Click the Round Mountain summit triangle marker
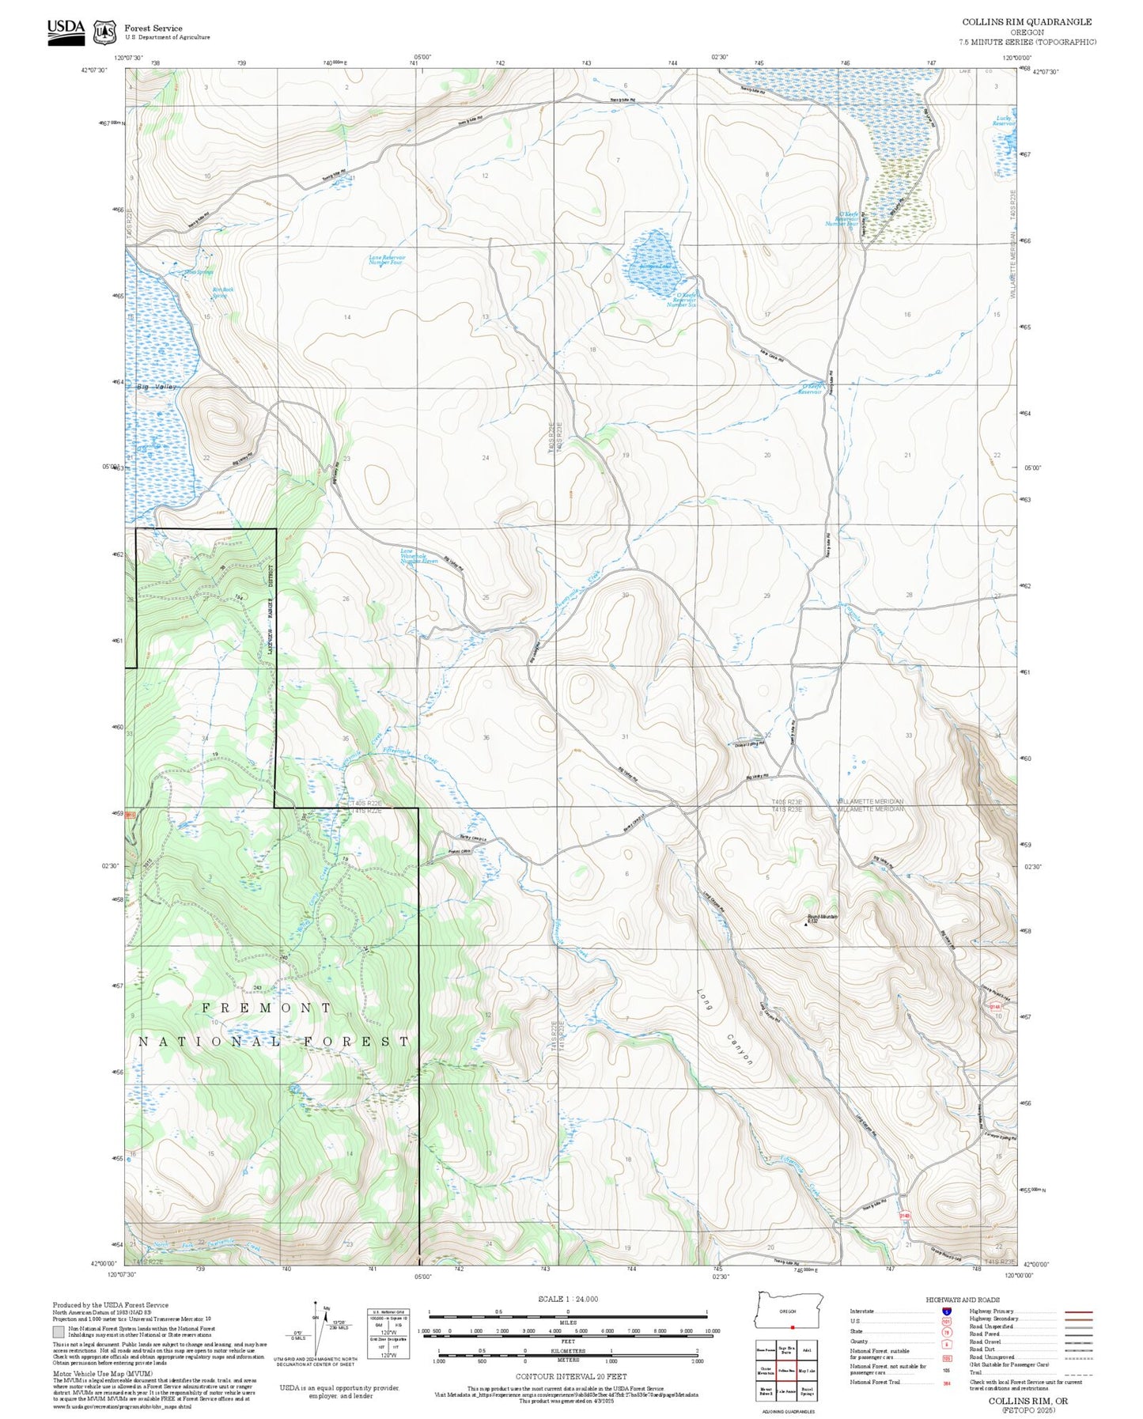click(x=806, y=923)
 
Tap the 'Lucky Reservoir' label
click(x=1003, y=121)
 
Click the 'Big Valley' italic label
click(x=157, y=387)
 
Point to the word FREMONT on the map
click(x=267, y=1008)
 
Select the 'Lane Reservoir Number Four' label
click(x=387, y=259)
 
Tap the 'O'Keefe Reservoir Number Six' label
click(x=682, y=300)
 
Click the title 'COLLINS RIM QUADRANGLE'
click(x=1027, y=22)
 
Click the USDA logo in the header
click(x=66, y=31)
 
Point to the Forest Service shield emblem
click(x=104, y=32)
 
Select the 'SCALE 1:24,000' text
click(x=567, y=1299)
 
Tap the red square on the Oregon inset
click(x=792, y=1327)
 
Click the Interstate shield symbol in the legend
click(x=946, y=1311)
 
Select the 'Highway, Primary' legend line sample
click(x=1078, y=1311)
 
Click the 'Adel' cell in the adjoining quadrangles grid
click(x=807, y=1350)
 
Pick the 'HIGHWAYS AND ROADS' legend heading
click(x=962, y=1300)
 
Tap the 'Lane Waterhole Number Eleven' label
click(x=418, y=556)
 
